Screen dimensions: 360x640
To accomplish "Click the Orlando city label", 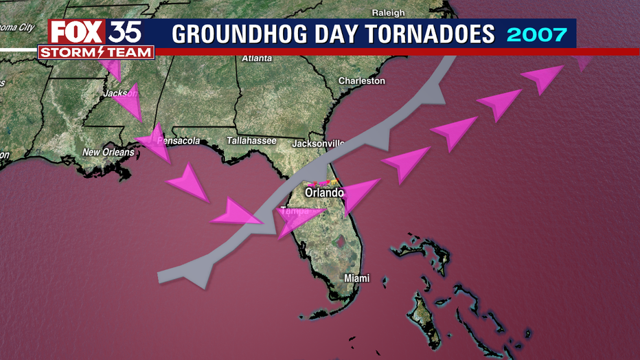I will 324,193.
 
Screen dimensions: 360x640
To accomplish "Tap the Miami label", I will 356,278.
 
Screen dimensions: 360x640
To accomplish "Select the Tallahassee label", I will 251,141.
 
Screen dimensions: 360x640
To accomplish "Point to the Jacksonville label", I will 317,144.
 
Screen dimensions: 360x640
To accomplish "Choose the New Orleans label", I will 108,152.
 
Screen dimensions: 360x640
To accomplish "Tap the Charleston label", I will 362,80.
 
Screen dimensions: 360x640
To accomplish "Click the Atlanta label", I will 257,58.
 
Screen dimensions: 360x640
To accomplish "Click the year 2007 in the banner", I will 536,33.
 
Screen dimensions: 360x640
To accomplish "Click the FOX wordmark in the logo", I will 76,32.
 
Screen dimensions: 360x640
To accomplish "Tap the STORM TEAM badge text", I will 96,53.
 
